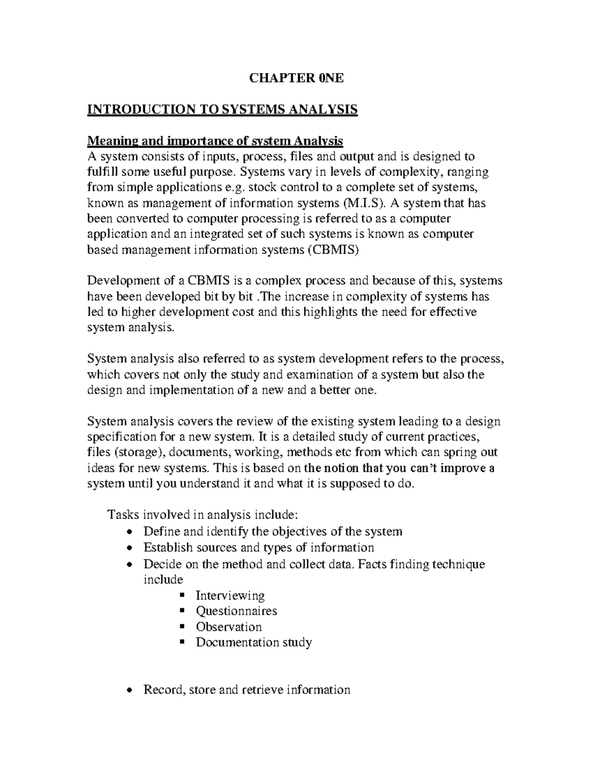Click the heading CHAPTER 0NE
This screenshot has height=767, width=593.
tap(296, 78)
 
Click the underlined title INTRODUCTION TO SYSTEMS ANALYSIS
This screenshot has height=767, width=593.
tap(222, 109)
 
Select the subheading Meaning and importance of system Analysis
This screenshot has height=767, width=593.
tap(215, 141)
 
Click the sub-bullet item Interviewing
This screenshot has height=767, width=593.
tap(230, 595)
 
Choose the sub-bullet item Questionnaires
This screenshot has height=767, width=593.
tap(236, 611)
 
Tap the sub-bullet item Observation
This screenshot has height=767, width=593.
tap(228, 627)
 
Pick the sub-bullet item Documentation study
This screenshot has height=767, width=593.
tap(254, 642)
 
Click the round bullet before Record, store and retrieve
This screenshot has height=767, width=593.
tap(129, 690)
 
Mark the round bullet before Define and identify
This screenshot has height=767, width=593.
tap(129, 532)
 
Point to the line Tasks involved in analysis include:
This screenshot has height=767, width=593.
tap(203, 515)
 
